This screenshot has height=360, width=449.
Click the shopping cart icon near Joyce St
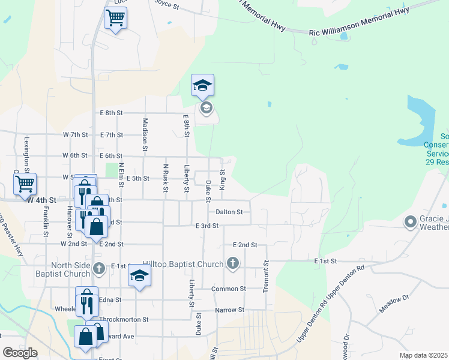pos(115,18)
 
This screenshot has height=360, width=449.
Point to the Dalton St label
pos(229,212)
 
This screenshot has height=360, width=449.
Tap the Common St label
pos(229,289)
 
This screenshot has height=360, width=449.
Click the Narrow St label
pos(230,310)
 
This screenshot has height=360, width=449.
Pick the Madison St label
pos(145,133)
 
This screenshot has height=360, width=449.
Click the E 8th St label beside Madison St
pos(111,113)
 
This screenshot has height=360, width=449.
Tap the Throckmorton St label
pos(124,320)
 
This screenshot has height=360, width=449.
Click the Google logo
pos(20,352)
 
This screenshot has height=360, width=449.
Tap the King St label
pos(221,180)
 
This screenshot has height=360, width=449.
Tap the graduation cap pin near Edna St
pos(139,276)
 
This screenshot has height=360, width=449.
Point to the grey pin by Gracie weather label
pos(411,223)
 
